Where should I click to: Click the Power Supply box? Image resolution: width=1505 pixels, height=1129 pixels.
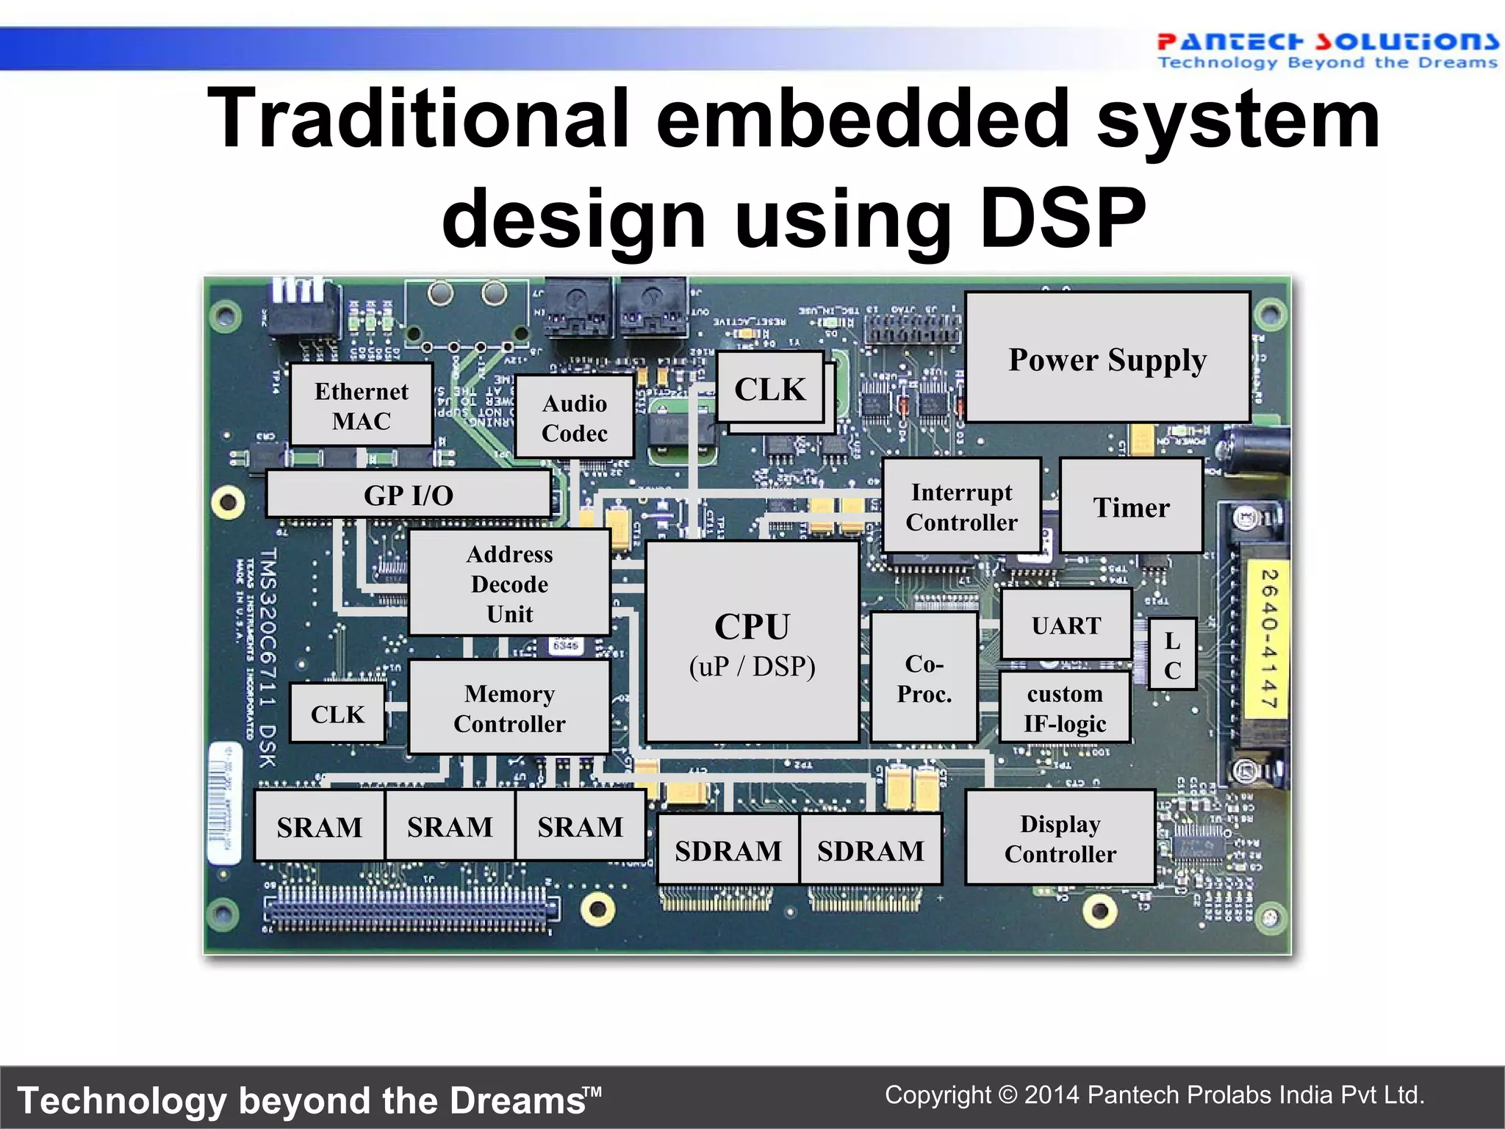[1107, 358]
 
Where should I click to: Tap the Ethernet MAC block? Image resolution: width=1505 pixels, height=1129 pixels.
[362, 405]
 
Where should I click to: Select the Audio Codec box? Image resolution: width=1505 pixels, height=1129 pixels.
[575, 417]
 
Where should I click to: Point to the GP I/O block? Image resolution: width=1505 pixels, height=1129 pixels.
[409, 495]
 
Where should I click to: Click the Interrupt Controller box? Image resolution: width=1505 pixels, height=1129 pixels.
[961, 506]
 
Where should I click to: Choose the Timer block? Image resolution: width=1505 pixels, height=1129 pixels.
[1131, 506]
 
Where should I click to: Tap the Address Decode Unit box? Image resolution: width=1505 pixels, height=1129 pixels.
[509, 583]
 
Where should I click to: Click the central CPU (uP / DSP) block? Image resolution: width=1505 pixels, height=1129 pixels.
[752, 642]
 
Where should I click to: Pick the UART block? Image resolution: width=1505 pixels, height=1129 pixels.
[1066, 625]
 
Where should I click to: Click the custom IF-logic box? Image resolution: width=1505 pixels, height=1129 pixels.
[1065, 708]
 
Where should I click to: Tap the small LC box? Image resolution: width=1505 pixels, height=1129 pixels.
[1172, 655]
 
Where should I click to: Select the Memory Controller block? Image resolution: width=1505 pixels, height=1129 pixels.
[509, 708]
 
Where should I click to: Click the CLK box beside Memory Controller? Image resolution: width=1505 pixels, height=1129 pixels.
[337, 714]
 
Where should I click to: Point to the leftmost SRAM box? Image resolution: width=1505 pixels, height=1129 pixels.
[320, 827]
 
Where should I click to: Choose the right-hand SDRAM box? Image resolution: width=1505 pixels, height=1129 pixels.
[870, 850]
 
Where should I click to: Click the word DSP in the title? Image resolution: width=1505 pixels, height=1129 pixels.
[1063, 218]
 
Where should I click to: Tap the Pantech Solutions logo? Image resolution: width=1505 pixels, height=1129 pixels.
[1326, 50]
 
